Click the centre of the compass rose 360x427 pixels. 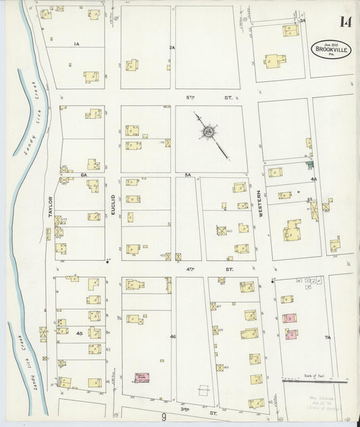point(209,130)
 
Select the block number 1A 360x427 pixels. point(77,44)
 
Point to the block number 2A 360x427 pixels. point(172,47)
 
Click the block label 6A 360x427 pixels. point(85,175)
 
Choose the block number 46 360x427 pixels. point(173,336)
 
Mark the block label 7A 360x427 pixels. point(328,336)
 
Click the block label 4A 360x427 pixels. point(313,179)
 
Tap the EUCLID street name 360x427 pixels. point(113,205)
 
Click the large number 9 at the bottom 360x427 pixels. point(163,418)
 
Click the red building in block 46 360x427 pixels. point(142,377)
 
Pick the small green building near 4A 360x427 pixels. point(310,164)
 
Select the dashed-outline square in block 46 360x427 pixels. point(203,391)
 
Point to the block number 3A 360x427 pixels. point(303,20)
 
